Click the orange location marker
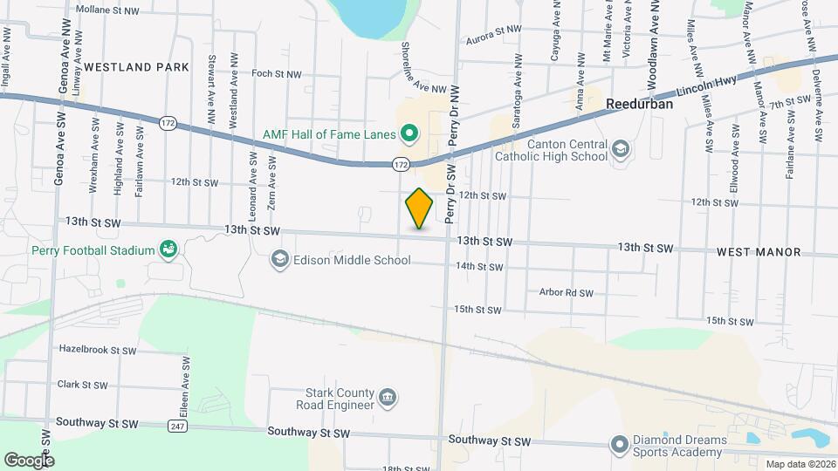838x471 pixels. click(x=420, y=208)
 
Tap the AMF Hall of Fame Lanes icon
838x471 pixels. click(x=409, y=134)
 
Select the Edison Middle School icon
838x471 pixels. click(x=279, y=260)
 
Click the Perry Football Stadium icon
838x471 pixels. click(x=168, y=250)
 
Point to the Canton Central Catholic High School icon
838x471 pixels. click(x=620, y=148)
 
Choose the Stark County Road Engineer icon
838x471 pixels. click(x=388, y=399)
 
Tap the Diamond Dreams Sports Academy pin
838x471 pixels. click(x=619, y=445)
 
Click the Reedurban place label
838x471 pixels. click(x=639, y=103)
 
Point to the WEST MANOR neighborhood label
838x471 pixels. click(x=759, y=252)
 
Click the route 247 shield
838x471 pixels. click(x=177, y=425)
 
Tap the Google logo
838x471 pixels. click(x=29, y=460)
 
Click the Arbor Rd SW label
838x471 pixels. click(x=566, y=293)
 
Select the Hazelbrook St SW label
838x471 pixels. click(x=98, y=350)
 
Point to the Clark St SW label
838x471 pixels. click(x=82, y=385)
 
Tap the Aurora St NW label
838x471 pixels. click(x=493, y=29)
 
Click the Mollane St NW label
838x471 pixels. click(x=106, y=10)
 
